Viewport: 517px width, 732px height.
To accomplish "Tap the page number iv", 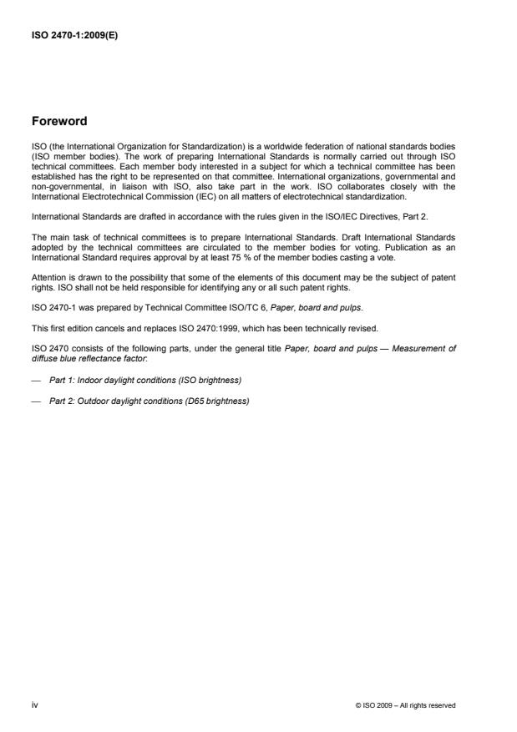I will [34, 705].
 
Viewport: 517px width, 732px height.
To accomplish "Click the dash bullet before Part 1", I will [35, 380].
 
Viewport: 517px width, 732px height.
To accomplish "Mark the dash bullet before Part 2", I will [35, 399].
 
